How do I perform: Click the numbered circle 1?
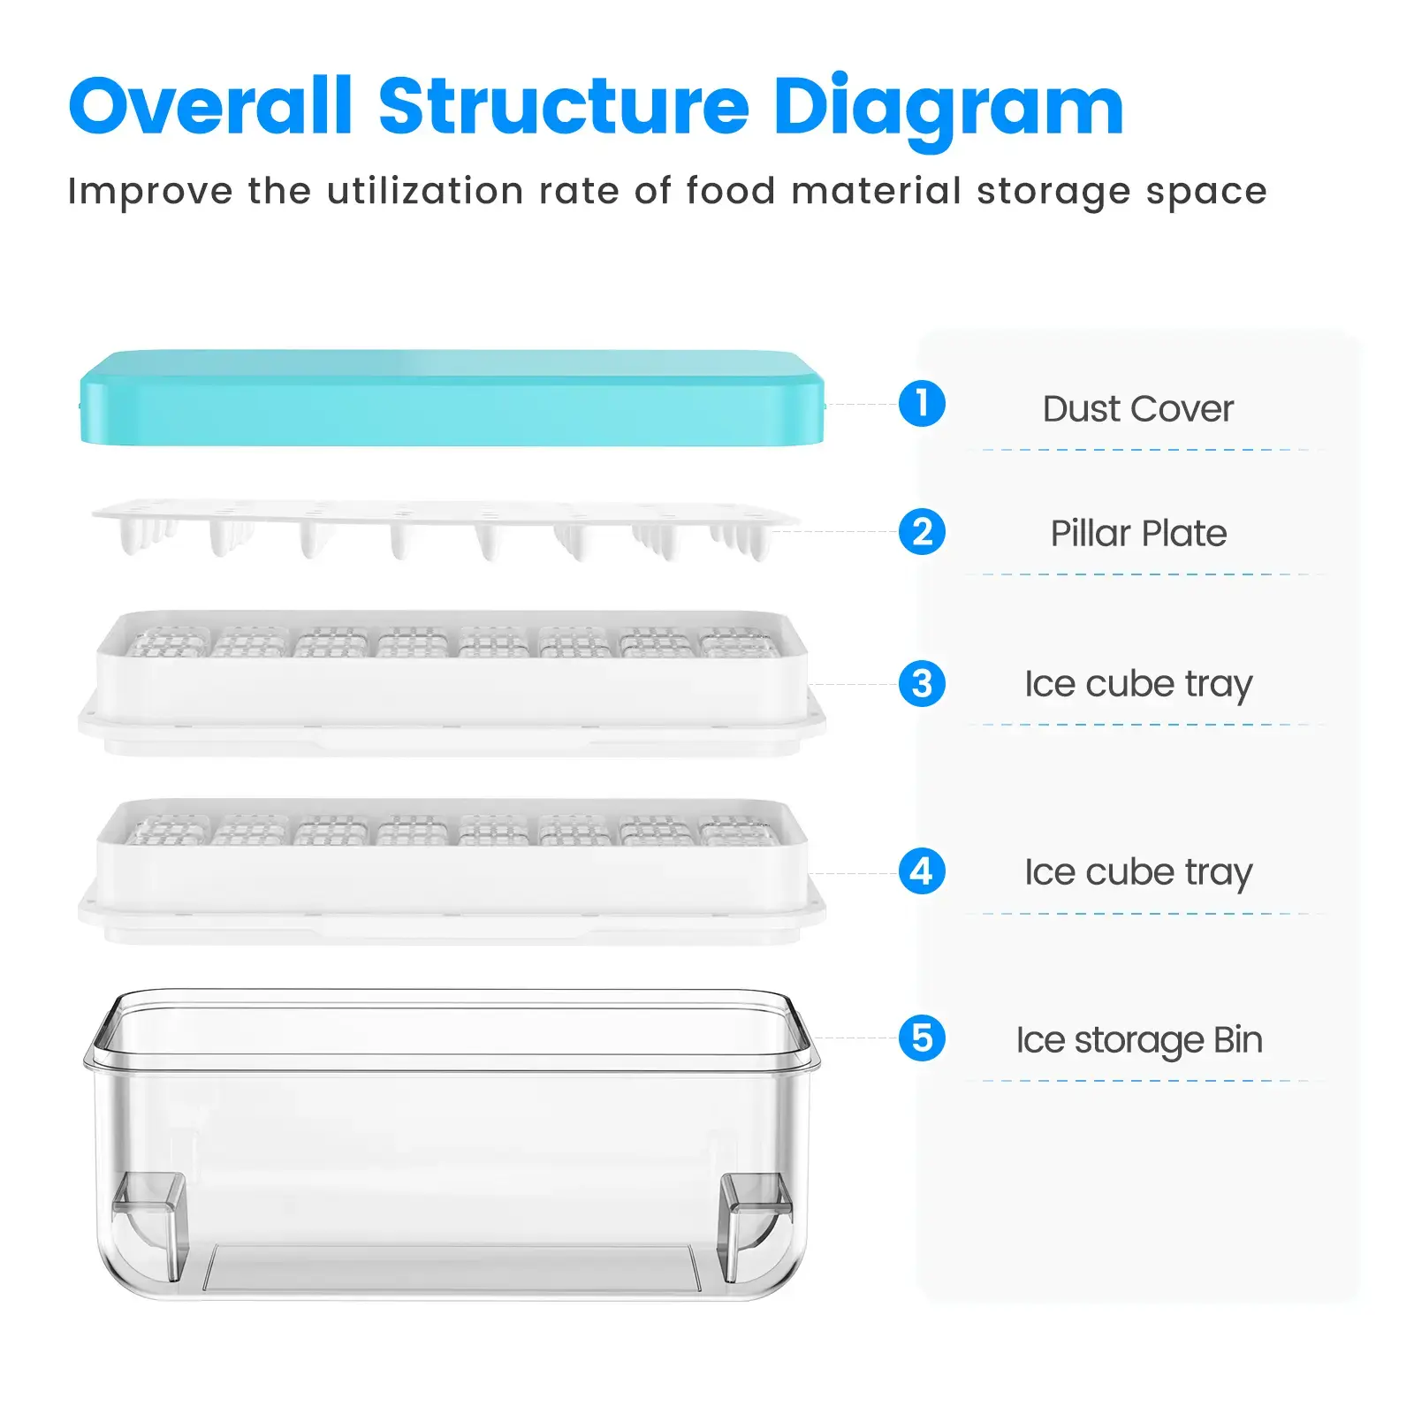tap(922, 404)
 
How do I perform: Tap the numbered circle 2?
tap(922, 532)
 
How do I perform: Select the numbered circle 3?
tap(922, 684)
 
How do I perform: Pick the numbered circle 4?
tap(922, 871)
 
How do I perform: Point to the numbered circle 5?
tap(922, 1038)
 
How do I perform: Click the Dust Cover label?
tap(1138, 409)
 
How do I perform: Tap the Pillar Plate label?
tap(1138, 533)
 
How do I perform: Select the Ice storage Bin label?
tap(1139, 1041)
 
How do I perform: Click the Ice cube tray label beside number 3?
tap(1138, 685)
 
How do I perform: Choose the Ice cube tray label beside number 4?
tap(1138, 873)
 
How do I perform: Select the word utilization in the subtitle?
tap(425, 191)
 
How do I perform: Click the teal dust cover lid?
tap(452, 399)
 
